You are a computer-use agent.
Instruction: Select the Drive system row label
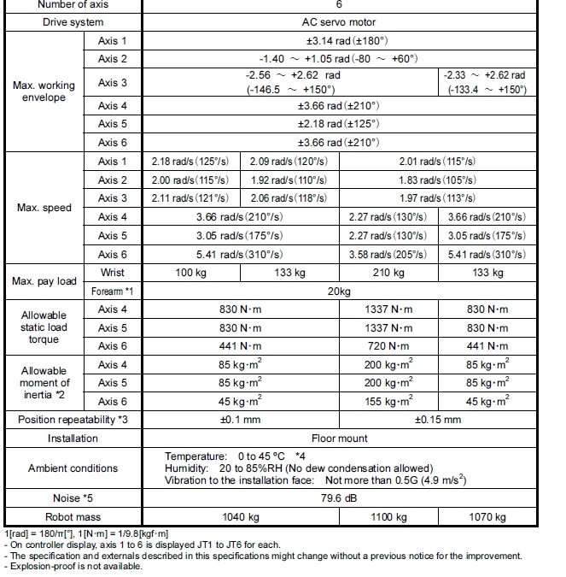tap(73, 21)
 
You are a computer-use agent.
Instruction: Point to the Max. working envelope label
tap(44, 92)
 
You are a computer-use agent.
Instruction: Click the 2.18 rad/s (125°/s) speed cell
tap(190, 162)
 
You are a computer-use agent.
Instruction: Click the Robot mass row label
tap(73, 516)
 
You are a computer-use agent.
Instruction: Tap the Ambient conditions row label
tap(73, 468)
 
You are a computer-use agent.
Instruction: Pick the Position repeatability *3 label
tap(73, 420)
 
